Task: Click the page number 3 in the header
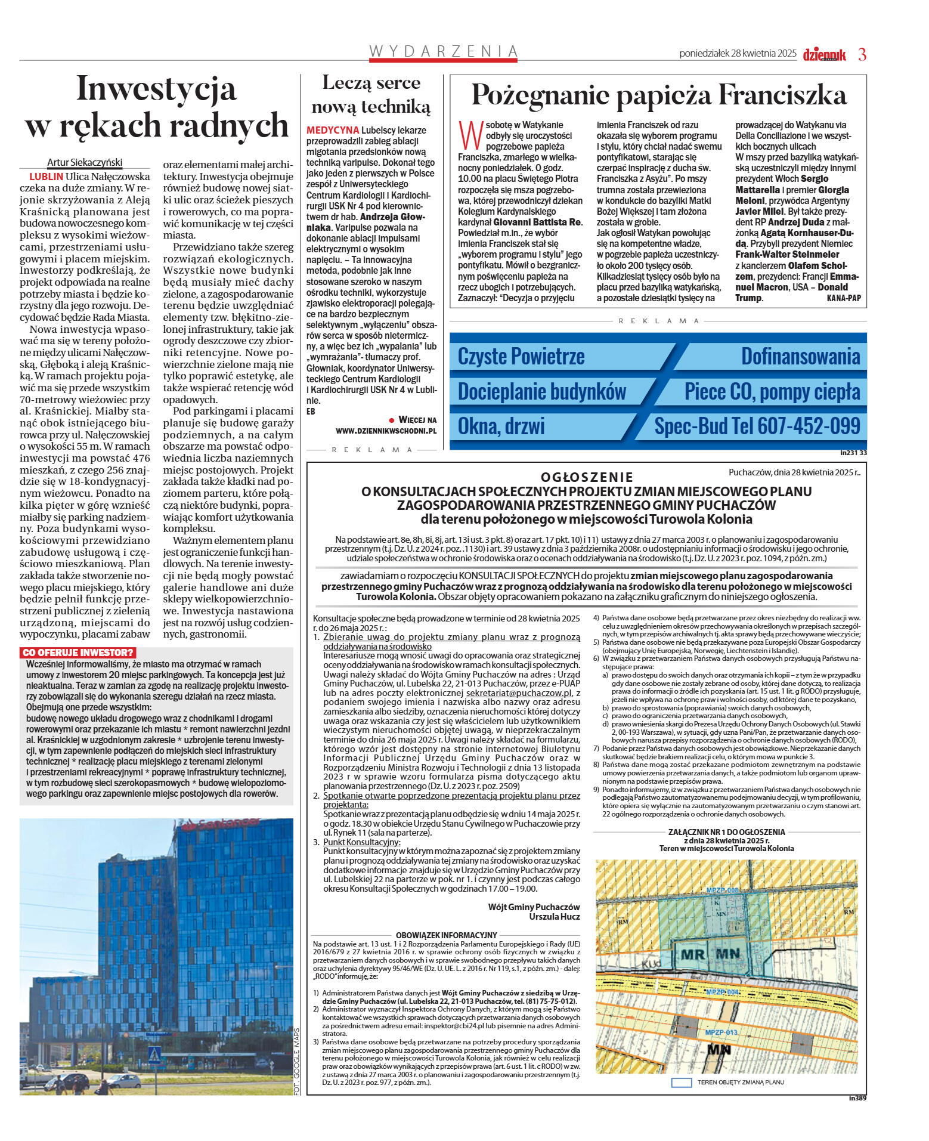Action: pyautogui.click(x=862, y=54)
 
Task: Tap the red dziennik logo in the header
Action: pyautogui.click(x=824, y=54)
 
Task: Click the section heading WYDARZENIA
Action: pyautogui.click(x=443, y=51)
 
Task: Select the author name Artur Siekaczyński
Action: pyautogui.click(x=85, y=162)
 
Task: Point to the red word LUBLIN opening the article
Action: pyautogui.click(x=46, y=177)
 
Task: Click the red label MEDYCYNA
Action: pyautogui.click(x=333, y=130)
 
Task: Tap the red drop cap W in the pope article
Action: pyautogui.click(x=470, y=135)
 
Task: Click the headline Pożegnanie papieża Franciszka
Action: pyautogui.click(x=658, y=95)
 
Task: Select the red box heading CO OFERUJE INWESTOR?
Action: pyautogui.click(x=78, y=653)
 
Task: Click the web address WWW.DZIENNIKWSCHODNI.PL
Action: pyautogui.click(x=386, y=431)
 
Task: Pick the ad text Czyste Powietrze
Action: pyautogui.click(x=521, y=356)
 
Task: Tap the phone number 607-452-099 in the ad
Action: pyautogui.click(x=809, y=426)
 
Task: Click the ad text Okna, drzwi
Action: pyautogui.click(x=501, y=426)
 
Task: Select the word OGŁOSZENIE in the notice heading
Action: pyautogui.click(x=586, y=477)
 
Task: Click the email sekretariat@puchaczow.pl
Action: pyautogui.click(x=519, y=693)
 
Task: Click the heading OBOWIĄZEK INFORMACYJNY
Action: pyautogui.click(x=446, y=935)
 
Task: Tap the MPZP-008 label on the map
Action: pyautogui.click(x=722, y=890)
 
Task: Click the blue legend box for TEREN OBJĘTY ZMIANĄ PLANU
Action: pyautogui.click(x=681, y=1082)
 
